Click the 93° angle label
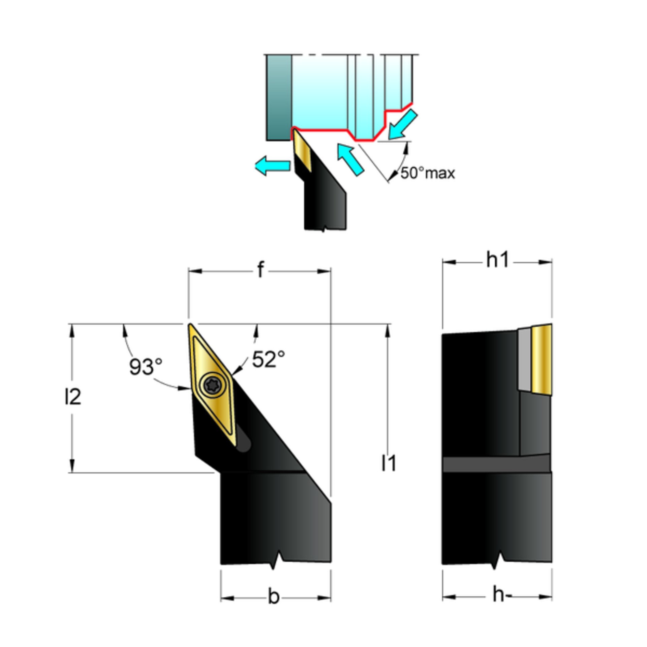pyautogui.click(x=146, y=366)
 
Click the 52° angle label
pyautogui.click(x=269, y=359)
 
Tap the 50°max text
pyautogui.click(x=427, y=173)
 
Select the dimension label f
pyautogui.click(x=260, y=270)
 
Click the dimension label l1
pyautogui.click(x=389, y=463)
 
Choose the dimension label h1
pyautogui.click(x=497, y=260)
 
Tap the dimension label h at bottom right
pyautogui.click(x=498, y=603)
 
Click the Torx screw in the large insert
pyautogui.click(x=213, y=384)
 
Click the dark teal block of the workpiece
pyautogui.click(x=279, y=98)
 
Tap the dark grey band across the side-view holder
pyautogui.click(x=496, y=464)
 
